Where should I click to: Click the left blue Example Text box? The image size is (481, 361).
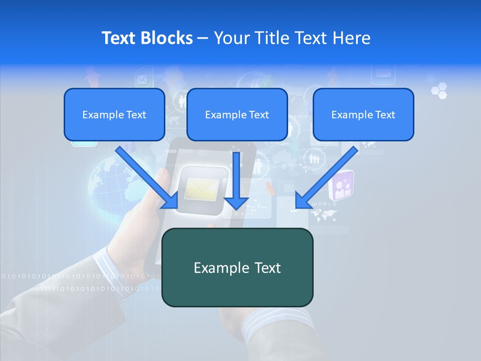(x=114, y=115)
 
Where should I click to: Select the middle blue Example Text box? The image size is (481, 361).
(x=237, y=115)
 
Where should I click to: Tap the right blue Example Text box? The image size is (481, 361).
(x=363, y=115)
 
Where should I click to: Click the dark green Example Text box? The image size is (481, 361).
(x=237, y=268)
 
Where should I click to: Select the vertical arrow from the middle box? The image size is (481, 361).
(x=236, y=180)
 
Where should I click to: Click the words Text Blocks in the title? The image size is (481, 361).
(x=147, y=38)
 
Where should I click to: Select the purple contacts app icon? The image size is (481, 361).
(x=342, y=186)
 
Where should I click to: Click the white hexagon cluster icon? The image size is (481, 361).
(x=439, y=91)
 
